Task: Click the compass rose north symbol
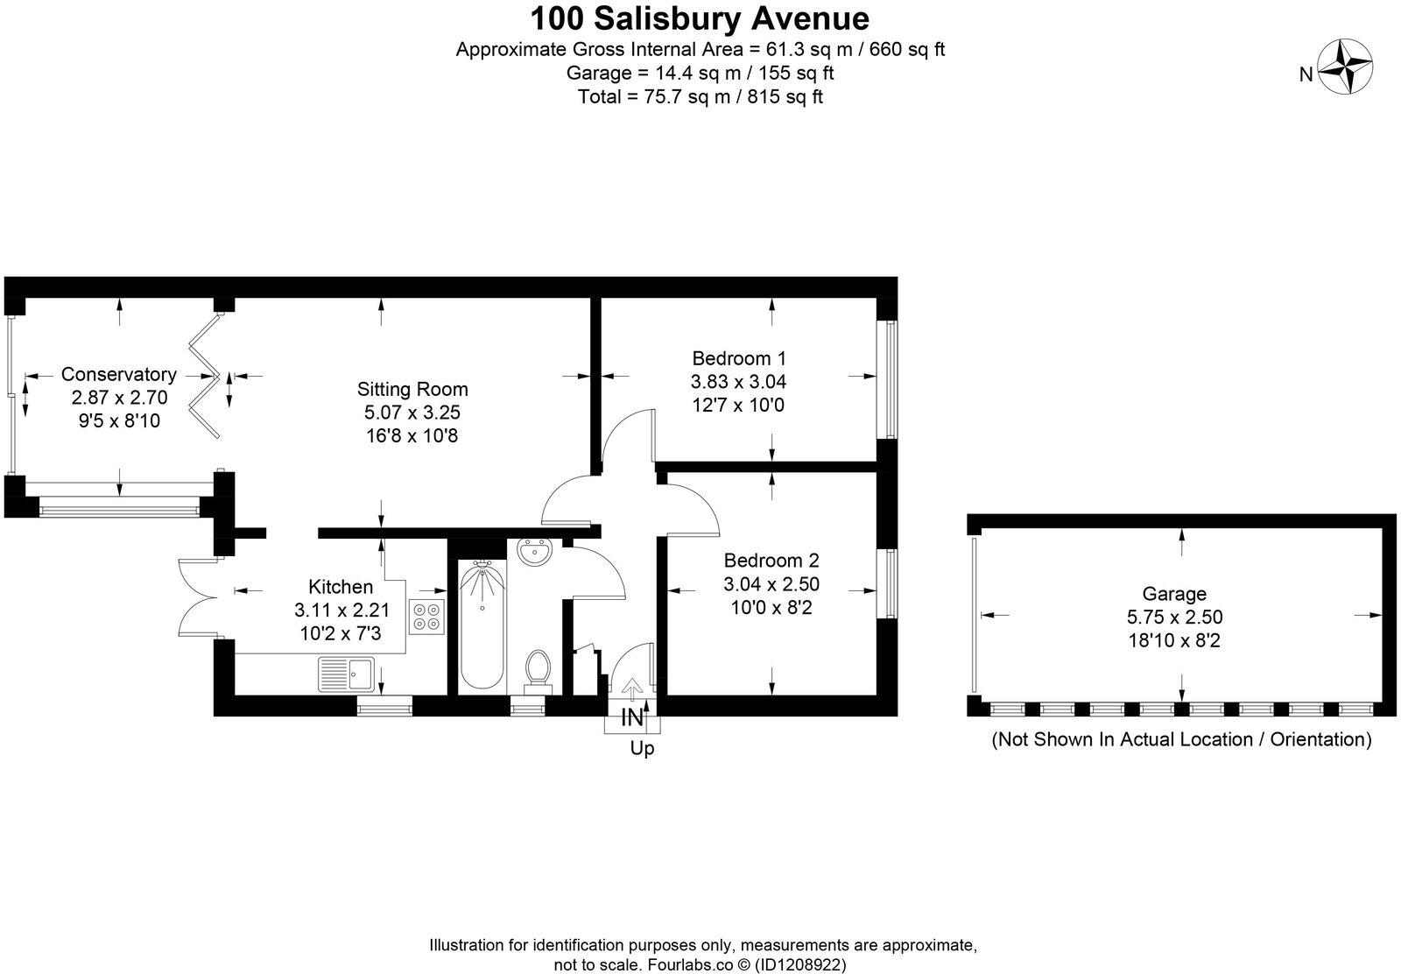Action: pyautogui.click(x=1345, y=67)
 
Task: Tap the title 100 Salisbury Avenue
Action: pyautogui.click(x=700, y=18)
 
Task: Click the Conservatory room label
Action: pyautogui.click(x=118, y=374)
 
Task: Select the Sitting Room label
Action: pyautogui.click(x=412, y=389)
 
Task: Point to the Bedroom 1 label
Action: pyautogui.click(x=739, y=358)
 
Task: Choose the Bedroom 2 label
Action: pyautogui.click(x=771, y=561)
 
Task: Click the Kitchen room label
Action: pyautogui.click(x=341, y=587)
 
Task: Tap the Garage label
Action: pyautogui.click(x=1173, y=594)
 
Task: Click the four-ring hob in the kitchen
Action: pyautogui.click(x=427, y=617)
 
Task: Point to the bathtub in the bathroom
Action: pyautogui.click(x=482, y=626)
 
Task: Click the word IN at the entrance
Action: pyautogui.click(x=632, y=718)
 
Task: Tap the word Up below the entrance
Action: pyautogui.click(x=642, y=749)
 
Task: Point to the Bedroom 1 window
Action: pyautogui.click(x=891, y=378)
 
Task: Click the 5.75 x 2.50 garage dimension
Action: pyautogui.click(x=1174, y=618)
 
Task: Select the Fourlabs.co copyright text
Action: pyautogui.click(x=700, y=964)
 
